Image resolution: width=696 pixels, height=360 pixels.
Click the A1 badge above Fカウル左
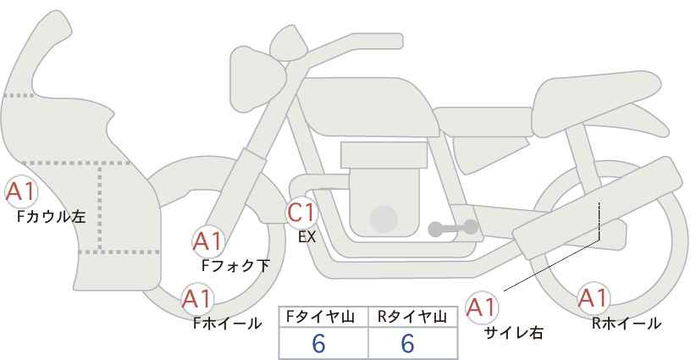(21, 192)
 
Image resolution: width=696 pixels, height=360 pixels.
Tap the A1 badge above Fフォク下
(207, 242)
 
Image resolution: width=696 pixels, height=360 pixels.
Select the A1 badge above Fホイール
(197, 299)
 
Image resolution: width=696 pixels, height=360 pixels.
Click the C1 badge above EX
(301, 213)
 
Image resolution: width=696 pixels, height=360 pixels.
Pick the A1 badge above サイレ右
(482, 307)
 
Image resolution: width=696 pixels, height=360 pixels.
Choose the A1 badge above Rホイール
(593, 298)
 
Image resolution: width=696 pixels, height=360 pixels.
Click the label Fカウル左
(52, 217)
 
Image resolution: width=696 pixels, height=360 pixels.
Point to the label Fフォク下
(235, 265)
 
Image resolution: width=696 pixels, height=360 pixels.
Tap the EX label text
(307, 237)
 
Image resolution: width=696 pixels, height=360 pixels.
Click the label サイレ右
(513, 333)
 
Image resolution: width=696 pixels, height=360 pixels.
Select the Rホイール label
(627, 324)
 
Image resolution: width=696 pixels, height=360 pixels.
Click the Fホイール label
(227, 324)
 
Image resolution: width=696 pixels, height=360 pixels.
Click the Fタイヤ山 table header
(320, 317)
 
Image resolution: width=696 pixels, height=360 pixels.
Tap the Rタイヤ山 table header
(412, 317)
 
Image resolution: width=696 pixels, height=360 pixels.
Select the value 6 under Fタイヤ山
(318, 343)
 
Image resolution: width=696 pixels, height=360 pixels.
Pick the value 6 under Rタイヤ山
(407, 343)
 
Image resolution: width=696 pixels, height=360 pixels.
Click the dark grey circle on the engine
(384, 219)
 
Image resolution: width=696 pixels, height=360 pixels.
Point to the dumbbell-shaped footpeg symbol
(453, 228)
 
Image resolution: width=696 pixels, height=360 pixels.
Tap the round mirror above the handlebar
(288, 42)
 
